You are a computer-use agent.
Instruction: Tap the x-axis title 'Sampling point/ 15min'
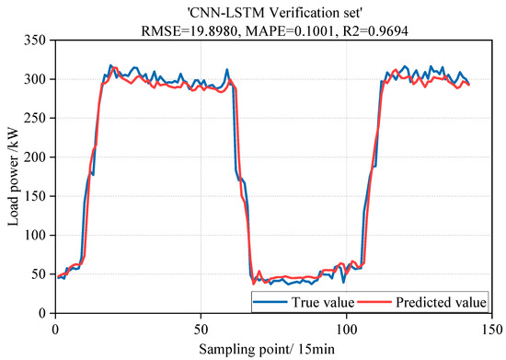pyautogui.click(x=272, y=350)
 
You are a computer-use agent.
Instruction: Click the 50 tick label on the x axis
pyautogui.click(x=201, y=328)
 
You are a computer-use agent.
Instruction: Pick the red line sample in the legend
pyautogui.click(x=374, y=301)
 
